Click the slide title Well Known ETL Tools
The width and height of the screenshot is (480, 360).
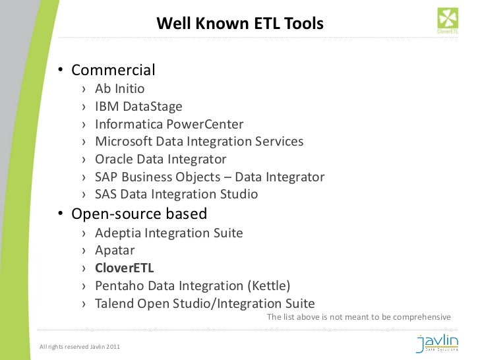tap(240, 24)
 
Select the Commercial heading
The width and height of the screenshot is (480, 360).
tap(113, 70)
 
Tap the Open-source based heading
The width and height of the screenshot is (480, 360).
tap(138, 214)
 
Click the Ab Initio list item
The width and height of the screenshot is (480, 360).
tap(119, 88)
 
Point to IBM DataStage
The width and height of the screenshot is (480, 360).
tap(138, 106)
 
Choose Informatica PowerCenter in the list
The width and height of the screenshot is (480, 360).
tap(169, 124)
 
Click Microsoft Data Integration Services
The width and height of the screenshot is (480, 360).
tap(199, 142)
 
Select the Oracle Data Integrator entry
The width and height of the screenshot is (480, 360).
tap(160, 160)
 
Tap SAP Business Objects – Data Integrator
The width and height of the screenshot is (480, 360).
tap(210, 177)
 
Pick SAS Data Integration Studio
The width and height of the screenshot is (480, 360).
tap(176, 195)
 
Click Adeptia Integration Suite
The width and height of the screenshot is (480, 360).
tap(169, 233)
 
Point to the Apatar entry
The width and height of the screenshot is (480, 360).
tap(115, 251)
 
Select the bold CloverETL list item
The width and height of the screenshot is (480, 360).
tap(124, 268)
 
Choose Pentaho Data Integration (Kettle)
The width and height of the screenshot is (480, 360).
tap(193, 286)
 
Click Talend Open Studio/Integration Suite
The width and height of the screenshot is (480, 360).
tap(204, 303)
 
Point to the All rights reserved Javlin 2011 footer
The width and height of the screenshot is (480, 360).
tap(80, 347)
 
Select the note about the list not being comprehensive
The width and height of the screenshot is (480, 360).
tap(359, 317)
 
